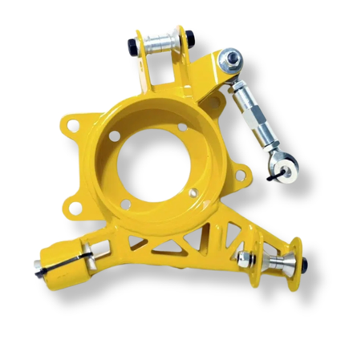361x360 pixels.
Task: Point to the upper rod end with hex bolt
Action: (x=232, y=59)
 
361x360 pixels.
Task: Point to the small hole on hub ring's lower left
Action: (x=126, y=204)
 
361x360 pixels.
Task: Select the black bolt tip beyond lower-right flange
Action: (x=305, y=262)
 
